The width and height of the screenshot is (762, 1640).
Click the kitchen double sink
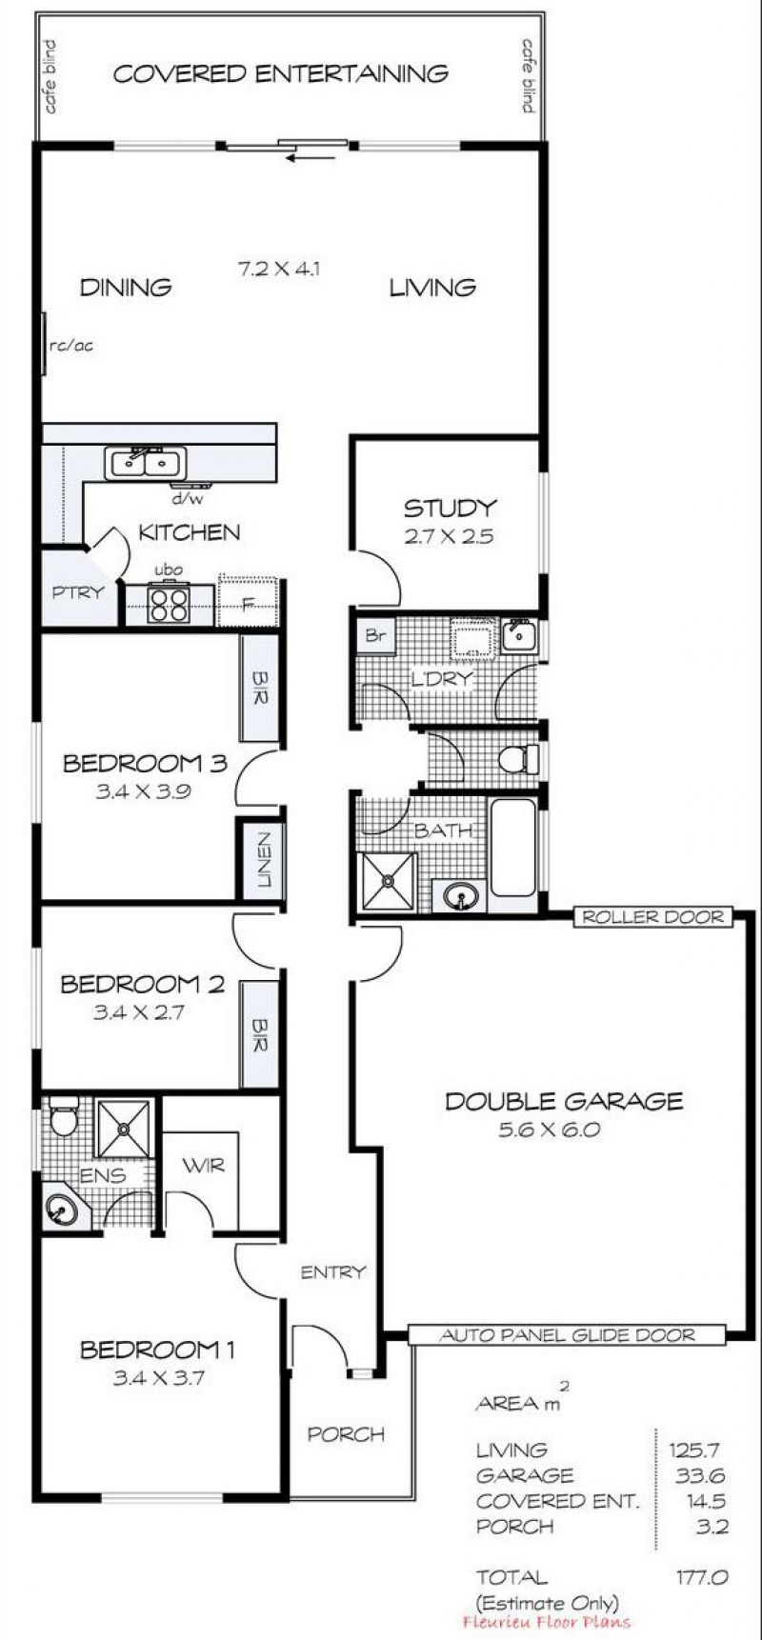(146, 464)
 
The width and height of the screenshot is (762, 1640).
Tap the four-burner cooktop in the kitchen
(170, 605)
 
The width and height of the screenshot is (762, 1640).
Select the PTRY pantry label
(78, 592)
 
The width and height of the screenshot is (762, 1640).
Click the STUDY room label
(450, 508)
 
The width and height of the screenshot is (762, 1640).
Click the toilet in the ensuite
(63, 1116)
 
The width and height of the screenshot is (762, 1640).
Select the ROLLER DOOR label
(653, 917)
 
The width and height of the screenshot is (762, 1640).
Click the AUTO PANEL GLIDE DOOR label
(568, 1335)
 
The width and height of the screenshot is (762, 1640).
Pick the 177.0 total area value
(702, 1577)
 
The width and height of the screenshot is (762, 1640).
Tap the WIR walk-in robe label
(203, 1165)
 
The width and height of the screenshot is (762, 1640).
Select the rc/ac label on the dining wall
(71, 346)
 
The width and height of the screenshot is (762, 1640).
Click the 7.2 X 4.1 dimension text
(277, 269)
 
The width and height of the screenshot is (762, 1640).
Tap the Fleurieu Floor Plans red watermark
(546, 1622)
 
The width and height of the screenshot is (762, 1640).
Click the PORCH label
(346, 1434)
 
